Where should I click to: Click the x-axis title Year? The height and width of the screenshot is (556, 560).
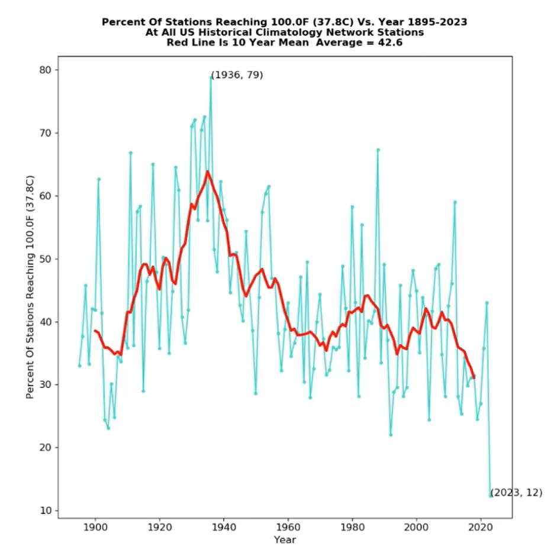point(285,539)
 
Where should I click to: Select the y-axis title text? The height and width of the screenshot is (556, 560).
point(30,287)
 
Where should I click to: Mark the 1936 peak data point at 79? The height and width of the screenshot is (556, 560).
point(211,76)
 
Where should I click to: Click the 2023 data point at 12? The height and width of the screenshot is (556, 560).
point(491,496)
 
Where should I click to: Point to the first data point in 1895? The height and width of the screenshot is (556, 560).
point(79,366)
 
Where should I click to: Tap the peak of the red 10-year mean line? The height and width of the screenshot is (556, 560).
point(208,172)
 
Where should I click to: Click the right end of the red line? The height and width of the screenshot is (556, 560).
point(474,377)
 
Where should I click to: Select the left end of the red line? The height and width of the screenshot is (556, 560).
point(95,331)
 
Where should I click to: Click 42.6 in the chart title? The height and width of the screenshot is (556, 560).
point(392,42)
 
